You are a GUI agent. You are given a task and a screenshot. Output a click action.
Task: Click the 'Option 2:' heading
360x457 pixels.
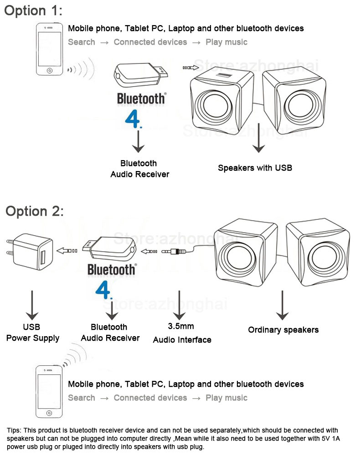click(35, 211)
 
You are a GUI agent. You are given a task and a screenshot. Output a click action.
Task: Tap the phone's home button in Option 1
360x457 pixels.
click(49, 71)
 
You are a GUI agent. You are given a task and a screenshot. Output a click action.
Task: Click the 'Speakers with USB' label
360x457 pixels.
click(255, 168)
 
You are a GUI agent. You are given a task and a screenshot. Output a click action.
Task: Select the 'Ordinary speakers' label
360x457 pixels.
click(283, 330)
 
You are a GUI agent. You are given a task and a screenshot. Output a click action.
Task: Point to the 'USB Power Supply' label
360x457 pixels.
click(32, 332)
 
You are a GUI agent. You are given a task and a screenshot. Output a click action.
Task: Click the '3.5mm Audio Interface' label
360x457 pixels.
click(182, 333)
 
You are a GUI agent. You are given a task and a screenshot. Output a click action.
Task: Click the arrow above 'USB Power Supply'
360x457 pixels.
click(32, 305)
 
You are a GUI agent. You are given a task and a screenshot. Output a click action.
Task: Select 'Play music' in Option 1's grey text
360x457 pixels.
click(226, 42)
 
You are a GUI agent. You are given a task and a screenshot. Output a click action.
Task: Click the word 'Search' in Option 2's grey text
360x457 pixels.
click(82, 398)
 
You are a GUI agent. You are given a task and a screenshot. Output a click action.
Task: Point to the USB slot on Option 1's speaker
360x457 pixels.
click(224, 74)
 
